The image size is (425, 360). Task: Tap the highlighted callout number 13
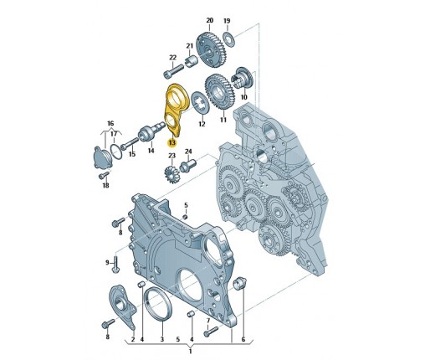point(172,143)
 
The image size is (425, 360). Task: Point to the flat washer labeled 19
point(229,39)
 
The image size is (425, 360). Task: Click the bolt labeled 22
point(173,71)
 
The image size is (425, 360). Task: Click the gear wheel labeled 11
point(220,91)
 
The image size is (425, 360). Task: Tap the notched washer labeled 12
point(199,103)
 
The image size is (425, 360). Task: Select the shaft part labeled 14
point(152,132)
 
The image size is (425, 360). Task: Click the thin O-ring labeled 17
point(116,152)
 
